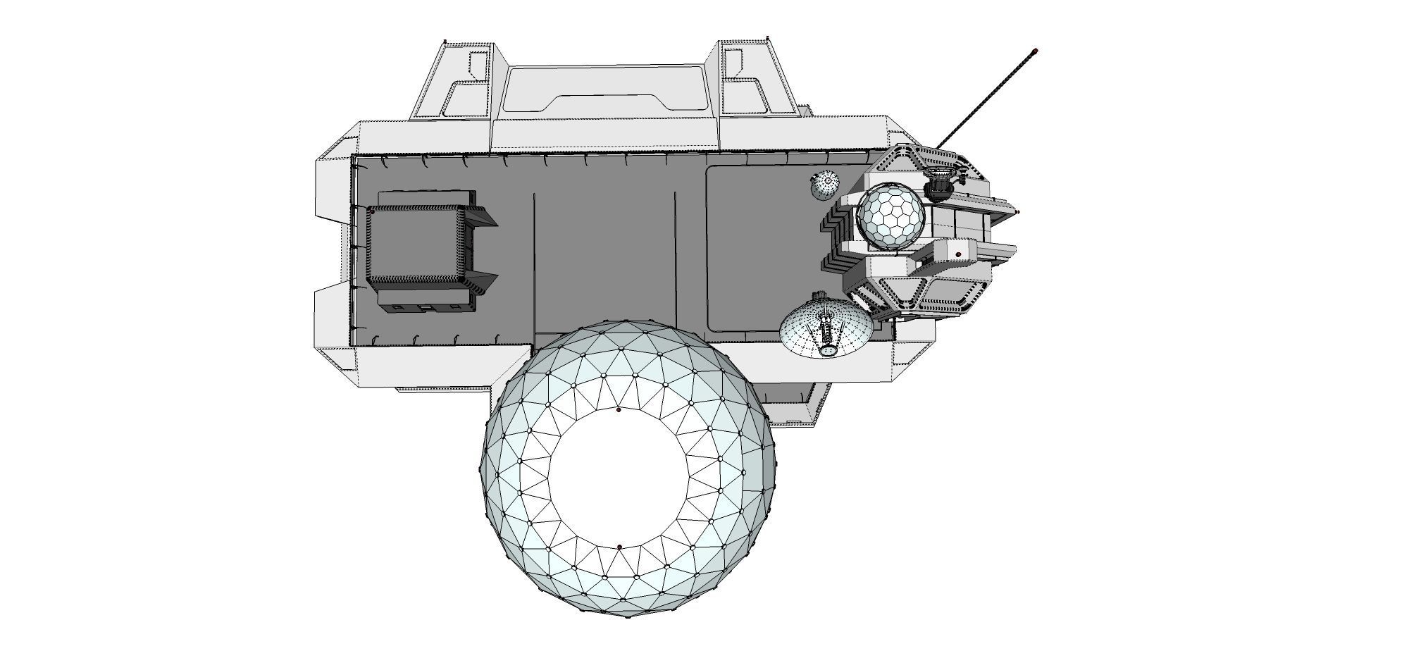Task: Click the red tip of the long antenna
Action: (x=1036, y=51)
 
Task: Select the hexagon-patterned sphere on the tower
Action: (x=890, y=216)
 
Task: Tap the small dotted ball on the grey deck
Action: (x=824, y=186)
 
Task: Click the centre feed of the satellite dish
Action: (x=826, y=331)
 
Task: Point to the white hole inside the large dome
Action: (x=619, y=479)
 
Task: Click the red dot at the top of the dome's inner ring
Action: (x=619, y=409)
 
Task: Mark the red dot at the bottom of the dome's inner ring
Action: (x=619, y=547)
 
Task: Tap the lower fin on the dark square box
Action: (x=482, y=282)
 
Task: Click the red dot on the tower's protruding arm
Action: (x=958, y=254)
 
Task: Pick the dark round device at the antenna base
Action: (x=938, y=187)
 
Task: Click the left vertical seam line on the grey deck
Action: (x=533, y=261)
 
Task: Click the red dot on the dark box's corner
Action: (x=372, y=211)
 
